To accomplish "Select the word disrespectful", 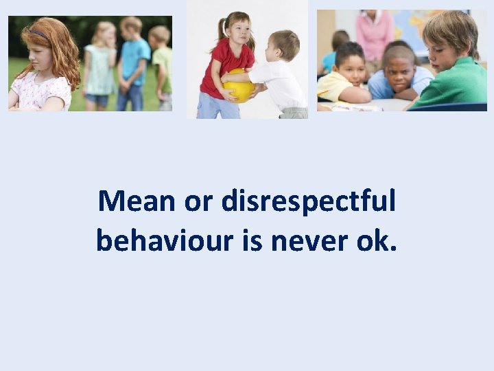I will tap(309, 202).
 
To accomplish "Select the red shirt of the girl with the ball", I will tap(218, 65).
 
